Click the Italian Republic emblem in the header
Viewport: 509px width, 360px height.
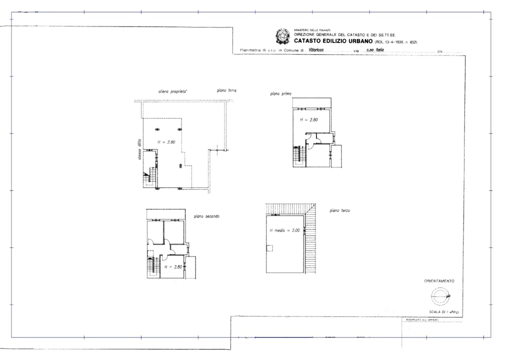coord(283,36)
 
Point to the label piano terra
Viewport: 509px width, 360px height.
coord(226,90)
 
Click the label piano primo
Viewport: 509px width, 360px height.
coord(281,93)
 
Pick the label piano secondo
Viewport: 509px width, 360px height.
coord(206,216)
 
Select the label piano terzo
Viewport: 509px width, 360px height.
coord(340,211)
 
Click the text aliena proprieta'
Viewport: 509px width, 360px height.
coord(172,92)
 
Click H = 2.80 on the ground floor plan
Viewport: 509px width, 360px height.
coord(166,142)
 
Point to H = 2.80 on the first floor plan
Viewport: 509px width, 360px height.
coord(308,120)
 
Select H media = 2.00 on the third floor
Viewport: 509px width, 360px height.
coord(284,230)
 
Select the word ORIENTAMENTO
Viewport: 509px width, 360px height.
coord(439,281)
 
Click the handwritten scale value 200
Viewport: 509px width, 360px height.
coord(453,312)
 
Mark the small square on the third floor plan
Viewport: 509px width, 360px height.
coord(270,248)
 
